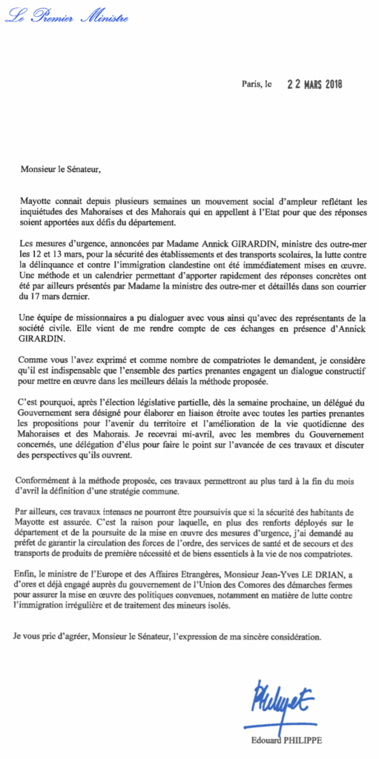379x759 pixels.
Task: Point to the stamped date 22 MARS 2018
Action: (x=321, y=84)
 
